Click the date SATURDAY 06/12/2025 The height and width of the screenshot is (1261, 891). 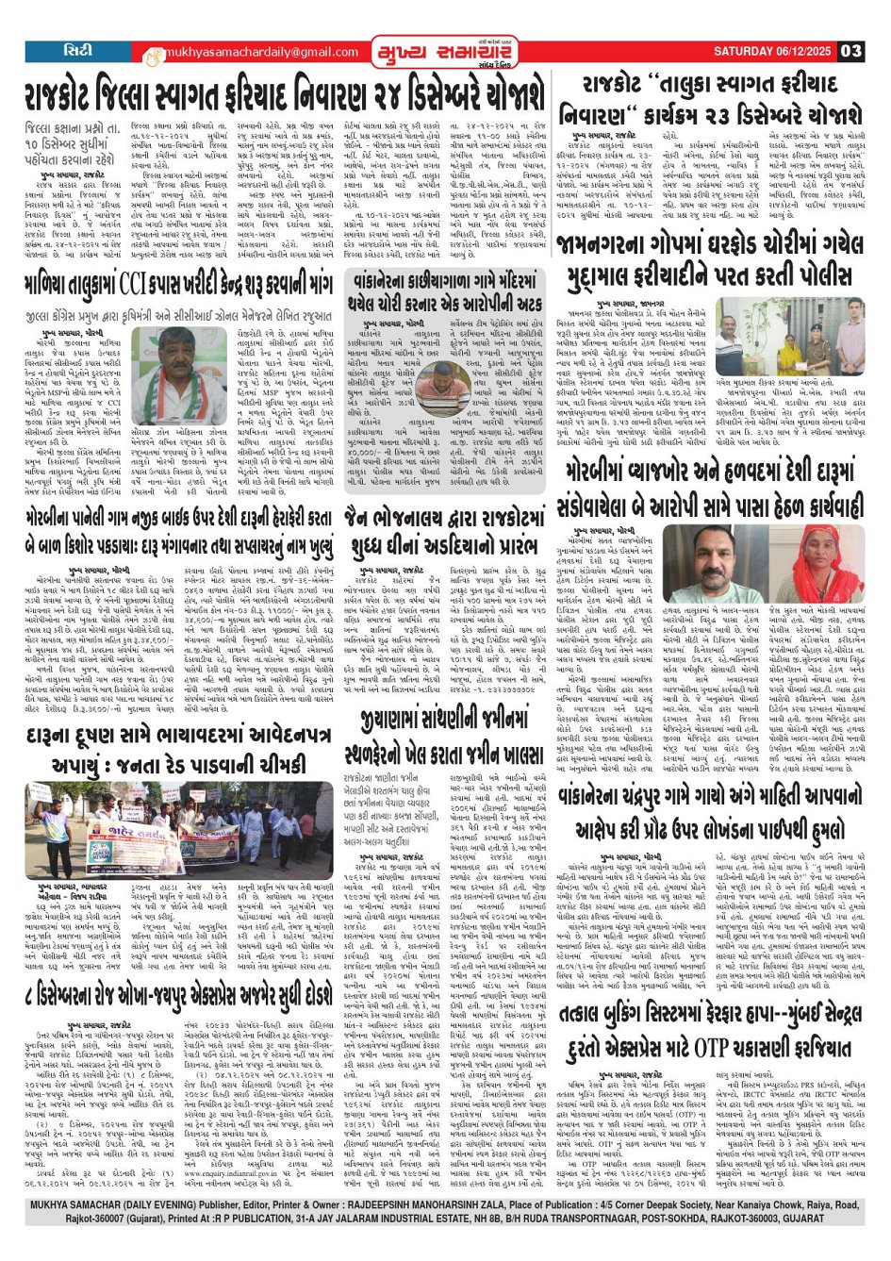[x=774, y=51]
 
